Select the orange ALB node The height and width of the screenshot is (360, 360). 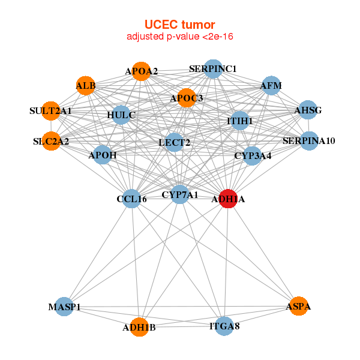(86, 86)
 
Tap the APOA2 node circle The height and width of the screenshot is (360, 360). (141, 71)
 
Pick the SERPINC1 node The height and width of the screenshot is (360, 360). (213, 69)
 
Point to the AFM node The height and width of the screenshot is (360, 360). (271, 86)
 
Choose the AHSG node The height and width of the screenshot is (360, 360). (308, 110)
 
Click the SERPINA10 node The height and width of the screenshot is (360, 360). (309, 141)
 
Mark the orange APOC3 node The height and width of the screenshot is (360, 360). (187, 98)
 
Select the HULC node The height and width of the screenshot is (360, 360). (121, 115)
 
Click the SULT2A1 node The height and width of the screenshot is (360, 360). (51, 110)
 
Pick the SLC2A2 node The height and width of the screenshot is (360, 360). (51, 142)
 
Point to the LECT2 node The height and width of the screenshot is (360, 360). (174, 142)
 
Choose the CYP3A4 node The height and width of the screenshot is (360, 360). (253, 156)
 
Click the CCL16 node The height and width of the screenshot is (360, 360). (131, 199)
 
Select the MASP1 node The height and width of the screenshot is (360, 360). (64, 307)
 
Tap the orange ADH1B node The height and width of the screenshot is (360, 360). (139, 328)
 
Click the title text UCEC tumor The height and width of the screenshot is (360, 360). (179, 25)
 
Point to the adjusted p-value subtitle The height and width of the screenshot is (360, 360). (179, 37)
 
